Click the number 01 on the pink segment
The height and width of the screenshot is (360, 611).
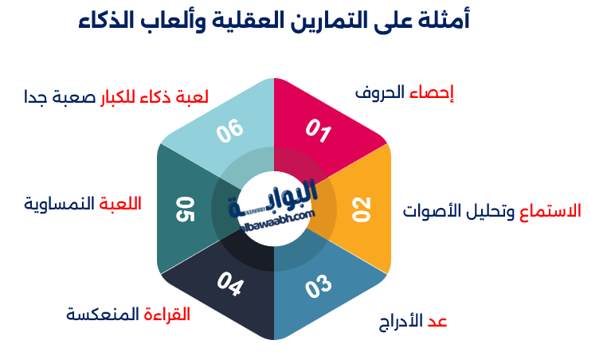[x=318, y=130]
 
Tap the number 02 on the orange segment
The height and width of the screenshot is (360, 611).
[x=362, y=208]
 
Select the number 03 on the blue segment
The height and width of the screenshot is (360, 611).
[x=318, y=286]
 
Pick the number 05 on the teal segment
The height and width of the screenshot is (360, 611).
[x=186, y=209]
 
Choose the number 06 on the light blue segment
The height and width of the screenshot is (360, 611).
[x=229, y=131]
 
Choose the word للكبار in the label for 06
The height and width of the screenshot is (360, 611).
[x=118, y=99]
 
